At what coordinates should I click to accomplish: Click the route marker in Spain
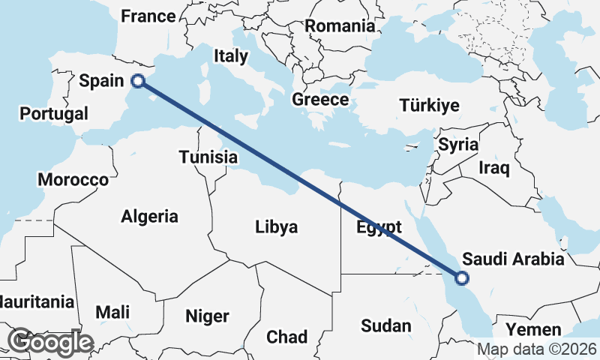point(137,82)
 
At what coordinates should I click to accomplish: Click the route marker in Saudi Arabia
point(462,278)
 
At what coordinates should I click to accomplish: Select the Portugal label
point(54,114)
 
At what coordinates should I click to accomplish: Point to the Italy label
point(230,55)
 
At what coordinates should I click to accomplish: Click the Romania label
point(340,25)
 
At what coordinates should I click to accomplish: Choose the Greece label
point(320,100)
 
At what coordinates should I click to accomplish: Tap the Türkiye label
point(429,105)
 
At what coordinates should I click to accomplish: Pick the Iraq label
point(495,168)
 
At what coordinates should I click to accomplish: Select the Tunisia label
point(208,157)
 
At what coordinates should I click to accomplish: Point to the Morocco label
point(73,180)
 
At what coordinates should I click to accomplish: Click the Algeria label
point(150,217)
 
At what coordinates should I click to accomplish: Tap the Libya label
point(276,226)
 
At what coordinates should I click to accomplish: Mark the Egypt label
point(379,226)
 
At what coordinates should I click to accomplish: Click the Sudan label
point(385,325)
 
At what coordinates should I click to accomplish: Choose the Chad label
point(286,337)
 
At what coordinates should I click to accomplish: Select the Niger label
point(207,316)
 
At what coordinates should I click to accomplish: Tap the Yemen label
point(532,330)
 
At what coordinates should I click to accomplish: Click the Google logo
point(49,342)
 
